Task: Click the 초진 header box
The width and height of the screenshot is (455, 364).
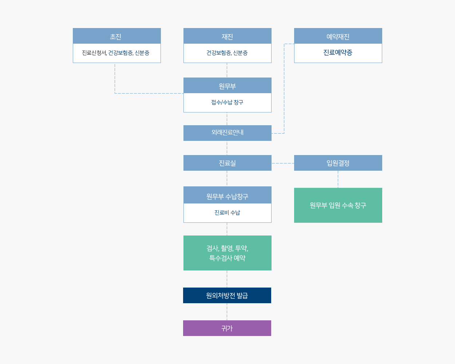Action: tap(117, 36)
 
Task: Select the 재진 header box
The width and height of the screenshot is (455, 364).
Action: tap(227, 36)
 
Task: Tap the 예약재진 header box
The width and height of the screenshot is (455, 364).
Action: tap(338, 36)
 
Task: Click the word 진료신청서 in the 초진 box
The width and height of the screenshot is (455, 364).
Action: tap(94, 53)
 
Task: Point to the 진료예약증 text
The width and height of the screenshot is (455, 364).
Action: tap(338, 52)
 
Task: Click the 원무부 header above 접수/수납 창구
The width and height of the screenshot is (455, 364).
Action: tap(227, 86)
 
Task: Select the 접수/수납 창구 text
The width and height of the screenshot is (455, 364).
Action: tap(227, 102)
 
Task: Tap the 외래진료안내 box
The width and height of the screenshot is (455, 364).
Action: tap(227, 133)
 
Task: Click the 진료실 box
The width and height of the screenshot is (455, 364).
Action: tap(227, 163)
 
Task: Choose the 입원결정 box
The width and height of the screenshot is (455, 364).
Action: tap(338, 163)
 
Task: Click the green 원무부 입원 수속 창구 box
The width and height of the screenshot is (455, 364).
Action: tap(338, 205)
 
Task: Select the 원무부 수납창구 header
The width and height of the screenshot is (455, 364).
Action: tap(227, 195)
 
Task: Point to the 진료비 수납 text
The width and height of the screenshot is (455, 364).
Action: tap(227, 213)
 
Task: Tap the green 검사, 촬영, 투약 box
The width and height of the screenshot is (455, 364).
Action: tap(227, 253)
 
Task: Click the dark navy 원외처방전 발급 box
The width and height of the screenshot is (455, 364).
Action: tap(227, 295)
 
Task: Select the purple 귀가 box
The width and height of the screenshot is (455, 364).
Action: tap(227, 328)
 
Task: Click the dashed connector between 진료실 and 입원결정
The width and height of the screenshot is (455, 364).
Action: tap(283, 163)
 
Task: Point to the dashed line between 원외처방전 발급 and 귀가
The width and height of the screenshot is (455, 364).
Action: tap(227, 312)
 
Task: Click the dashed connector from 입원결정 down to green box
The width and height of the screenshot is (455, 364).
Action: tap(338, 179)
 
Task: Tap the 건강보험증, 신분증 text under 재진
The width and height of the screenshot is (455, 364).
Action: tap(227, 53)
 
